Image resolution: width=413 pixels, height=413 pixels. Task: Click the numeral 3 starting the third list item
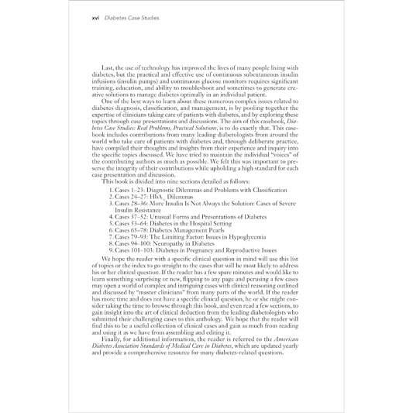[112, 207]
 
